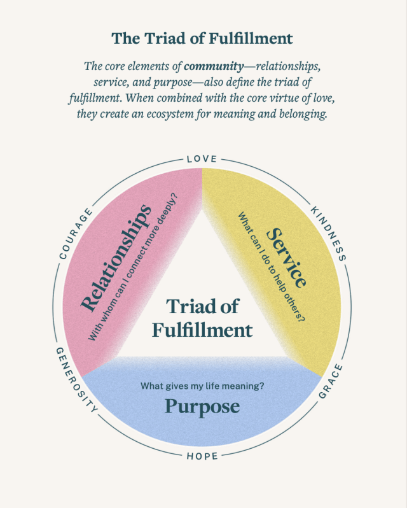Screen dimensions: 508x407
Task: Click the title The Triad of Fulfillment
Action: point(202,38)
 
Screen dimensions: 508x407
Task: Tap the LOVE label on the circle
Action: point(202,159)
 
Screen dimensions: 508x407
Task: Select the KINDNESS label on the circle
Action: point(328,234)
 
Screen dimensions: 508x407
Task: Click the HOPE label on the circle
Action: point(202,456)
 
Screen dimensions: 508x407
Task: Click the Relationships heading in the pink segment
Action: point(116,258)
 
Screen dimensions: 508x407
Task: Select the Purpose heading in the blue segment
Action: point(202,406)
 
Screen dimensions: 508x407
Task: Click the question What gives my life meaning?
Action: point(202,385)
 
